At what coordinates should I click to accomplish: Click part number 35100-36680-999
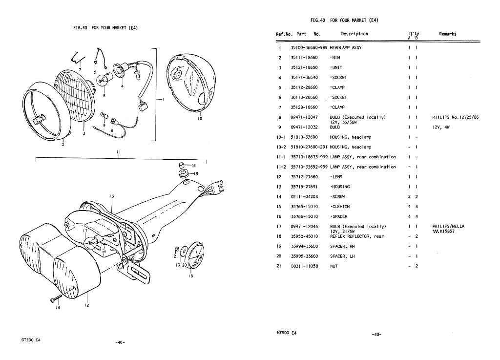tap(309, 47)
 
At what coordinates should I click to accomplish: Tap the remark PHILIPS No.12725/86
tap(456, 117)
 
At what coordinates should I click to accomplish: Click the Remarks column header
tap(447, 34)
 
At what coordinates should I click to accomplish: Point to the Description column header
tap(354, 34)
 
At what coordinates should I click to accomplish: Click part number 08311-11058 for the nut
tap(304, 266)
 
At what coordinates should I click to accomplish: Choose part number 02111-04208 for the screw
tap(304, 196)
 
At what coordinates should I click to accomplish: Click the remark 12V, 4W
tap(441, 127)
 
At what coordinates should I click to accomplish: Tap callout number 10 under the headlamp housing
tap(200, 118)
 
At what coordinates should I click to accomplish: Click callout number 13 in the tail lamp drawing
tap(112, 196)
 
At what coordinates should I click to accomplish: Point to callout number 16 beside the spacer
tap(193, 166)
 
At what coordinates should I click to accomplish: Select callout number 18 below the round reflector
tap(190, 276)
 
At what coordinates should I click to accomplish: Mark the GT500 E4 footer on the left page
tap(31, 339)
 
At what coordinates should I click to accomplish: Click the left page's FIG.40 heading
tap(105, 28)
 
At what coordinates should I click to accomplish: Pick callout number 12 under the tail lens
tap(86, 305)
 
